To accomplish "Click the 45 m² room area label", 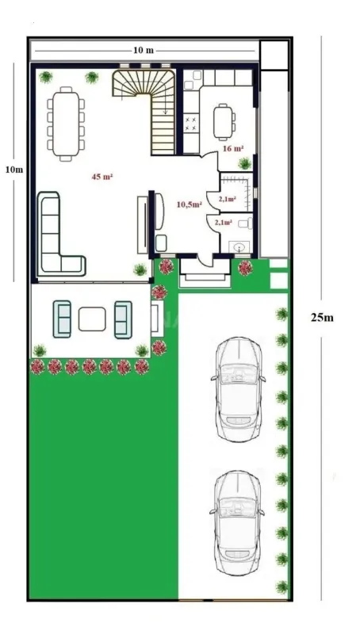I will [102, 176].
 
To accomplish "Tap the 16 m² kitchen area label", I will [232, 148].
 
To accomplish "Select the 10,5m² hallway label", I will [189, 204].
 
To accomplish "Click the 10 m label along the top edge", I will [144, 50].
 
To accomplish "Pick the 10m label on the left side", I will [13, 170].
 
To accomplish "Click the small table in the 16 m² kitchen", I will [224, 122].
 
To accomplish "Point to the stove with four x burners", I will [191, 124].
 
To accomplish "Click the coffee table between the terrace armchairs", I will [93, 319].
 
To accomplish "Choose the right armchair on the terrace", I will [123, 319].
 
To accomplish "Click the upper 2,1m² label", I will [226, 199].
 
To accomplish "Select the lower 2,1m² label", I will [224, 223].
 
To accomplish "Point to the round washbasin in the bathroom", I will [239, 247].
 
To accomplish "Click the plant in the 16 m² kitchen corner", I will [245, 162].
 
